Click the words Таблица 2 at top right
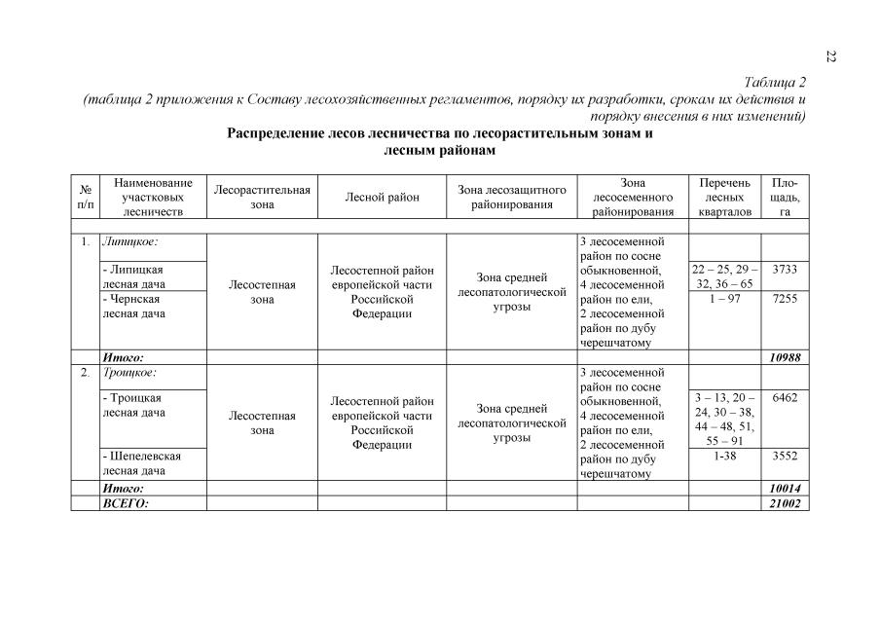(775, 82)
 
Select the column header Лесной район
(382, 198)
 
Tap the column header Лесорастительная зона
(262, 198)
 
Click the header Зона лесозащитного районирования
(511, 198)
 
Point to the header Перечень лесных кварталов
(724, 198)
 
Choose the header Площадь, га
(785, 198)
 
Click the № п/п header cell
(86, 198)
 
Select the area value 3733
(785, 269)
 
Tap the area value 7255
(785, 299)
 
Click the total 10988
(785, 357)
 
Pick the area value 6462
(785, 398)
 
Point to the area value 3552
(785, 455)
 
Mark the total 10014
(785, 488)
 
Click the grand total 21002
(785, 502)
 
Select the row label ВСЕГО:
(126, 502)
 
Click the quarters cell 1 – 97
(724, 299)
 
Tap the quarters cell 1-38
(724, 455)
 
